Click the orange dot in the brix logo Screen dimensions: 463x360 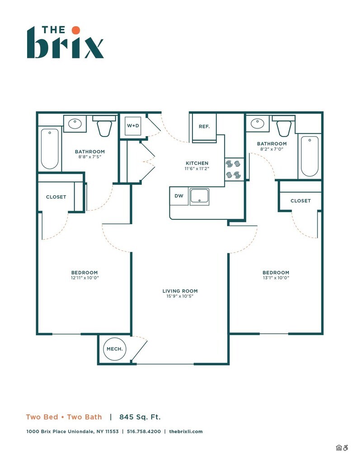pyautogui.click(x=76, y=30)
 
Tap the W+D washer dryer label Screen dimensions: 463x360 pyautogui.click(x=133, y=126)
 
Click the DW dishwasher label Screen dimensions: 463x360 pyautogui.click(x=179, y=196)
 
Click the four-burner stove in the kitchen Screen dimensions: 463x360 pyautogui.click(x=234, y=169)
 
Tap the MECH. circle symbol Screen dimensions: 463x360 pyautogui.click(x=115, y=349)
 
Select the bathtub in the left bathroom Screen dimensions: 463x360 pyautogui.click(x=50, y=149)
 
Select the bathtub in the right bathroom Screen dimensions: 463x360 pyautogui.click(x=310, y=156)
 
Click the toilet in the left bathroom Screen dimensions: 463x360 pyautogui.click(x=104, y=126)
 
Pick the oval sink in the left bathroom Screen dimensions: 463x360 pyautogui.click(x=75, y=123)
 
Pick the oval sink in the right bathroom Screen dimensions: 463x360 pyautogui.click(x=257, y=123)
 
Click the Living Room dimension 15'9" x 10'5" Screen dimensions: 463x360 pyautogui.click(x=180, y=297)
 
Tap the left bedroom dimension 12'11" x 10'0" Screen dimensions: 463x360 pyautogui.click(x=84, y=278)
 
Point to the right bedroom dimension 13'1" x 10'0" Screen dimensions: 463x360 pyautogui.click(x=276, y=278)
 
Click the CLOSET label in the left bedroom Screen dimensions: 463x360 pyautogui.click(x=56, y=197)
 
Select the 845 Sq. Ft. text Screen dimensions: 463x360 pyautogui.click(x=140, y=417)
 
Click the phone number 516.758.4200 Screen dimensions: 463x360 pyautogui.click(x=144, y=431)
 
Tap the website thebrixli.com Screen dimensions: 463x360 pyautogui.click(x=186, y=431)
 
